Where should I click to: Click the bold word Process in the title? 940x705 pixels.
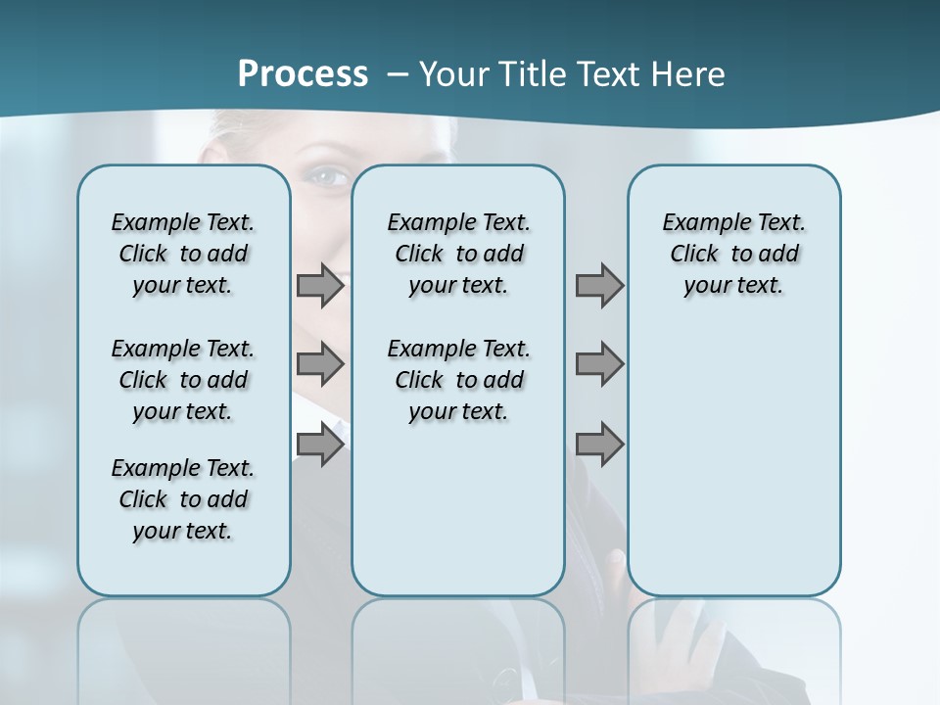pos(303,74)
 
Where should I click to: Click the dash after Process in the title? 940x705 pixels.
pos(398,75)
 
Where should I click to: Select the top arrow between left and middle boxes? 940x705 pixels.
pos(320,286)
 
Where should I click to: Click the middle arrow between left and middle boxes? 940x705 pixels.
pos(320,365)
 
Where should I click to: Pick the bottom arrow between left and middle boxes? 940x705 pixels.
pos(320,445)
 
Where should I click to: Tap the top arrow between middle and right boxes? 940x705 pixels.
pos(599,286)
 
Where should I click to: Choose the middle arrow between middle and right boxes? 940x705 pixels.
pos(599,365)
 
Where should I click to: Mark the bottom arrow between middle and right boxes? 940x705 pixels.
pos(599,445)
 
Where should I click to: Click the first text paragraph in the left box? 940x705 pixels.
pos(183,254)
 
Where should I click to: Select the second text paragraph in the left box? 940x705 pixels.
pos(183,380)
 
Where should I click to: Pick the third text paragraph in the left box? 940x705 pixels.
pos(183,499)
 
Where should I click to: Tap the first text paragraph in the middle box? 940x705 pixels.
pos(458,254)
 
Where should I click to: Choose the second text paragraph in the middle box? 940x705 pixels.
pos(458,380)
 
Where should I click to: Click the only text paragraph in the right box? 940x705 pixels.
pos(733,254)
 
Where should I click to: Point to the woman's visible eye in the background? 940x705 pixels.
pos(329,176)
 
